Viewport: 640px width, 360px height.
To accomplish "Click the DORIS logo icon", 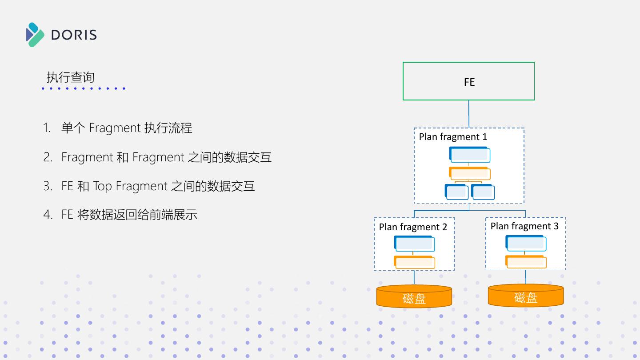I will click(x=35, y=35).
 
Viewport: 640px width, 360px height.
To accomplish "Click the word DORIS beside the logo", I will click(x=74, y=35).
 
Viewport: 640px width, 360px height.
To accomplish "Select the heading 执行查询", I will click(x=70, y=77).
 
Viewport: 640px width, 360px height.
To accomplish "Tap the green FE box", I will click(x=468, y=81).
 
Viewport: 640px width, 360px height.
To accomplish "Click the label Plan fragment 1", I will click(x=453, y=137).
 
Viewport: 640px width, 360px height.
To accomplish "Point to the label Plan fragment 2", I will click(x=413, y=227).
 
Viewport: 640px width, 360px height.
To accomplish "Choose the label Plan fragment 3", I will click(x=524, y=226).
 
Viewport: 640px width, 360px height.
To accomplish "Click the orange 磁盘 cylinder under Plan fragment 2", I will click(x=414, y=296).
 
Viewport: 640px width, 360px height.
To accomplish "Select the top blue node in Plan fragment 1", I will click(x=470, y=155).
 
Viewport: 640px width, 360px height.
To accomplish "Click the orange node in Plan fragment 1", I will click(x=470, y=173).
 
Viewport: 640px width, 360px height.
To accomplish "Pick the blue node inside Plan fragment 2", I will click(x=414, y=244).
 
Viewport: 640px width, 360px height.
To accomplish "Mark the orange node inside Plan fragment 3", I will click(x=526, y=261).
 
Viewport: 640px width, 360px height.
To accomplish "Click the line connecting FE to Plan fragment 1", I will click(x=468, y=114).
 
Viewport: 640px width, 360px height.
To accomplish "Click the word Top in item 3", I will click(x=102, y=186).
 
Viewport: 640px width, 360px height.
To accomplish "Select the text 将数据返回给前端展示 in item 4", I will click(x=137, y=215).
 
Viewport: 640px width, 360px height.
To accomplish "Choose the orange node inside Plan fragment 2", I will click(x=414, y=262).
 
